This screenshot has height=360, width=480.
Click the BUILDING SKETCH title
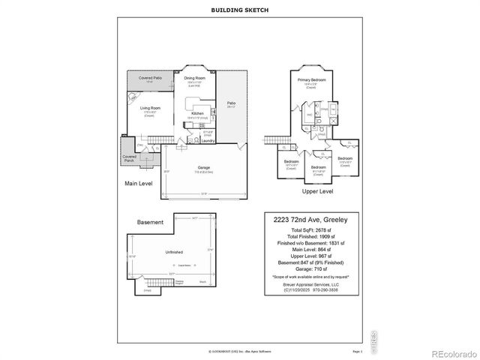(x=239, y=10)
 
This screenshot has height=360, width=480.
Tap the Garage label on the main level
(x=203, y=167)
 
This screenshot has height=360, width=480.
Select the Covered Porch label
(x=130, y=159)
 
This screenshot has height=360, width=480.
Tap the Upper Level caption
(x=318, y=190)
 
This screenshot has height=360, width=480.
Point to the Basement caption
(x=150, y=223)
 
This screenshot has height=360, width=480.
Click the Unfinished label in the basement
(x=174, y=253)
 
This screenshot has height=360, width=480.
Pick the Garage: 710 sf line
(x=311, y=267)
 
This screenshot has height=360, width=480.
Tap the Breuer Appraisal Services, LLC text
(x=311, y=284)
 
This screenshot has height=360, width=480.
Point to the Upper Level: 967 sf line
(x=311, y=255)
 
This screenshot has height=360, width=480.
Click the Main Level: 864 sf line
(x=311, y=249)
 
